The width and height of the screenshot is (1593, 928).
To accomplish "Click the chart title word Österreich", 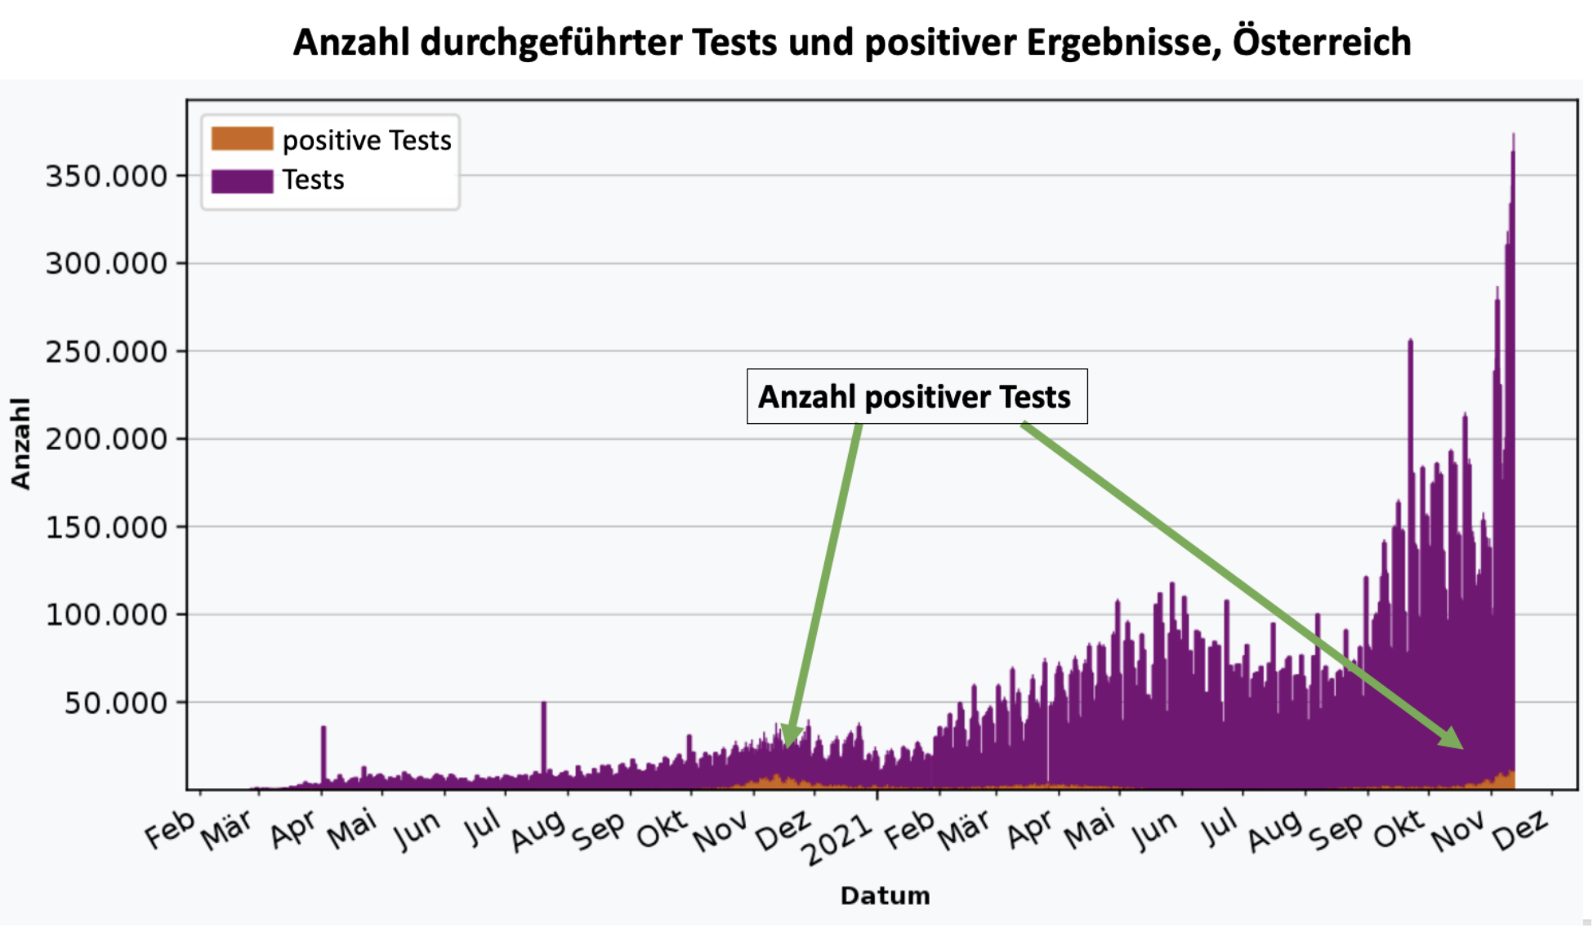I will pos(1321,42).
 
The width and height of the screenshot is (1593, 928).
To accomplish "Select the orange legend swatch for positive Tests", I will pos(242,139).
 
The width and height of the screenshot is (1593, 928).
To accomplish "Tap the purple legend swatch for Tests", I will pos(242,181).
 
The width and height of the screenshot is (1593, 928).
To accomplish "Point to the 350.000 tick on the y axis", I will pos(106,176).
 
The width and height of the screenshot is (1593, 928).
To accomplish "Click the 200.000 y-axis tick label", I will pos(106,439).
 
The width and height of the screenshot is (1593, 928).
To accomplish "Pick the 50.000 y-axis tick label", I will pos(115,703).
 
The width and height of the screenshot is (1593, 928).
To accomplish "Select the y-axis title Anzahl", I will pos(20,444).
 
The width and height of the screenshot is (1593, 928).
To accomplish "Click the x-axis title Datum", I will pos(885,896).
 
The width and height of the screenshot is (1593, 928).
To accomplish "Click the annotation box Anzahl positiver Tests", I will pos(917,397).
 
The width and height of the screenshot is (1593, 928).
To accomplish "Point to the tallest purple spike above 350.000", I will pos(1513,136).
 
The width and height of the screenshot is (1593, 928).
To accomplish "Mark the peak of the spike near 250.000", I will pos(1410,341).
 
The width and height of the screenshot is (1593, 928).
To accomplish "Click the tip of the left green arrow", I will pos(788,745).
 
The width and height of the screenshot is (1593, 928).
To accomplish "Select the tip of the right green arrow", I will pos(1461,747).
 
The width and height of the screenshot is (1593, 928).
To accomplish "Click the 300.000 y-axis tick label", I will pos(106,264).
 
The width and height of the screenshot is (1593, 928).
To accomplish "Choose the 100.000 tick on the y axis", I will pos(106,615).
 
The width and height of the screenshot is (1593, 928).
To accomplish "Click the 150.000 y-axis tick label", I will pos(106,528).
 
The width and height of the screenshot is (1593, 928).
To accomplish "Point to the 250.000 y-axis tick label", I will pos(106,352).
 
